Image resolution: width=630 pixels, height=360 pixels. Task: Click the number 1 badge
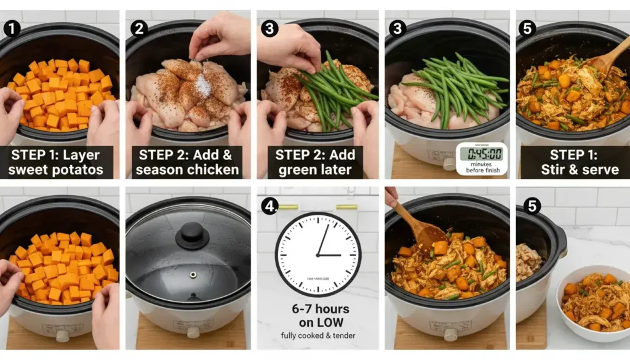(x=11, y=28)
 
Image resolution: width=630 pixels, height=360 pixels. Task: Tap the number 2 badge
(x=140, y=28)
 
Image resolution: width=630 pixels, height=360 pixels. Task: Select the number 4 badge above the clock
(x=269, y=206)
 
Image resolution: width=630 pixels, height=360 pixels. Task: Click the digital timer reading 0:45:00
(x=482, y=154)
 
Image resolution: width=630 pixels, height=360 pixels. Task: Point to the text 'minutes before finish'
(x=482, y=167)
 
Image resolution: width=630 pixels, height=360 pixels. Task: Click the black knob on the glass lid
(x=192, y=234)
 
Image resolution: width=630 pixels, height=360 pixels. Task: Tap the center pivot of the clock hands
(x=317, y=255)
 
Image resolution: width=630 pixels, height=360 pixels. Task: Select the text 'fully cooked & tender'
(x=318, y=335)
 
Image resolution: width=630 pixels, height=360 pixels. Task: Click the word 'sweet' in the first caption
(x=36, y=168)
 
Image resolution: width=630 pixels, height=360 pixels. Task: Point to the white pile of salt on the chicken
(x=202, y=86)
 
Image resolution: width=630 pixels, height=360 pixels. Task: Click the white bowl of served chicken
(x=594, y=302)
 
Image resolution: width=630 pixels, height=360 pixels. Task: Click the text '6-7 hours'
(x=318, y=308)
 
